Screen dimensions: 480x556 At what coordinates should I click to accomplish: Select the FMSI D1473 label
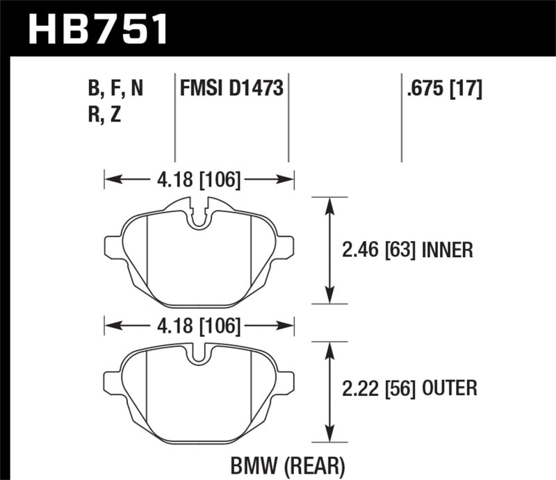[231, 89]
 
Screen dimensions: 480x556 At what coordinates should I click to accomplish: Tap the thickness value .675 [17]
[441, 89]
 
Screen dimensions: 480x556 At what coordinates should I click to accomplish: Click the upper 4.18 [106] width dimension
[199, 181]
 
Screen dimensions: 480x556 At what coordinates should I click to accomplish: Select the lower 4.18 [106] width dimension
[199, 325]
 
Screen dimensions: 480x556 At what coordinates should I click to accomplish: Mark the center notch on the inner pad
[199, 216]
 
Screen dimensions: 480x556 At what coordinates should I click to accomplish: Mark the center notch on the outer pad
[199, 354]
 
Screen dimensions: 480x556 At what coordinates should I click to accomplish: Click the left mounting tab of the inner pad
[113, 247]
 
